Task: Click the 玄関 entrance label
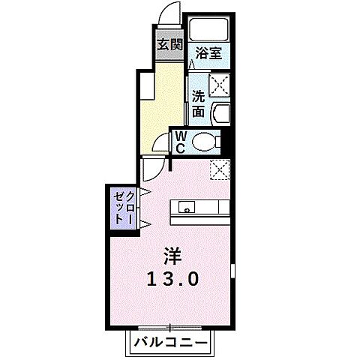point(169,44)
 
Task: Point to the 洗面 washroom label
point(198,103)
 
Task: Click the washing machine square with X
point(219,86)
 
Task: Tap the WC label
point(180,141)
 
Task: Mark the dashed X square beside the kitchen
point(220,169)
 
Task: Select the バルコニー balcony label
point(172,343)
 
